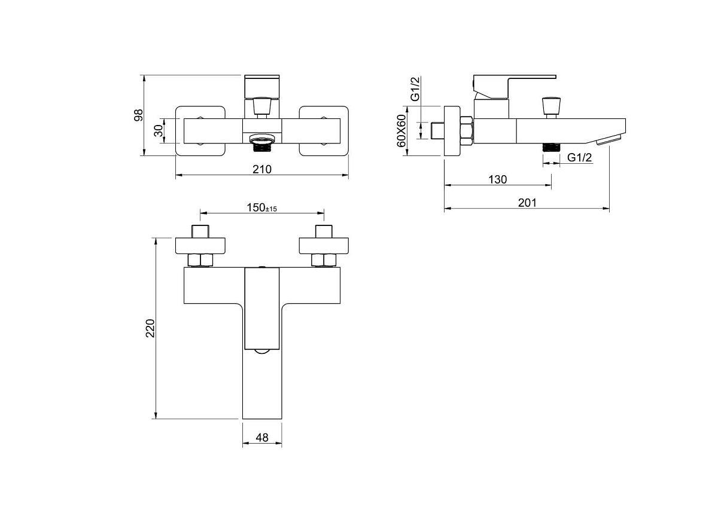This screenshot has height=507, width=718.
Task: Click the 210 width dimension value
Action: pos(262,169)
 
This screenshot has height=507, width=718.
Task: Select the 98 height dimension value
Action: pos(138,115)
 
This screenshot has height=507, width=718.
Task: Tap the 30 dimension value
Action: pos(159,131)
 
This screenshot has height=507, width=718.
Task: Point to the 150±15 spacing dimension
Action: pos(261,207)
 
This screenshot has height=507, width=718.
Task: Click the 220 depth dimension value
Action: pos(150,328)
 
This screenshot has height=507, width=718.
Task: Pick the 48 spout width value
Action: pos(262,437)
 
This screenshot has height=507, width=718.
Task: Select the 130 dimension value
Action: pos(497,179)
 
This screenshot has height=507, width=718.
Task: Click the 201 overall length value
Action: pos(527,203)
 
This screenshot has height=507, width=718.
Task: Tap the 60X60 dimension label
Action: pos(401,131)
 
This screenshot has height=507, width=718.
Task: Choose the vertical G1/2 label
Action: pos(415,88)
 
